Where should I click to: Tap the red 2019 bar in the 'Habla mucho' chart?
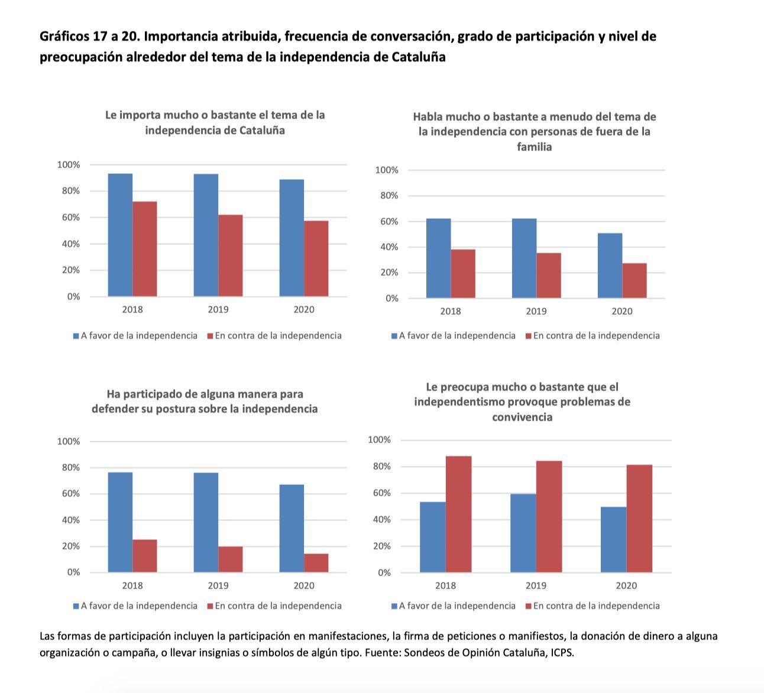(x=548, y=276)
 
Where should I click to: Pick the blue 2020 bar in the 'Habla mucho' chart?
(x=610, y=265)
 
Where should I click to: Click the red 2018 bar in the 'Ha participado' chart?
(x=145, y=556)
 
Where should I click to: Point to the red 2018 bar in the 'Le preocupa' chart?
(x=458, y=514)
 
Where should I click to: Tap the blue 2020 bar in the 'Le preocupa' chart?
(x=613, y=539)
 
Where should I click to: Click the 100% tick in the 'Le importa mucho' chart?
(x=69, y=165)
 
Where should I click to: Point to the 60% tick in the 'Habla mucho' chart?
(x=387, y=222)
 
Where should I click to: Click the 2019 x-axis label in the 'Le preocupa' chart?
(x=536, y=585)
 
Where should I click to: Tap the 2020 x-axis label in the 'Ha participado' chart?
(x=304, y=585)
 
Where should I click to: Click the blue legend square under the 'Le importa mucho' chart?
(x=76, y=336)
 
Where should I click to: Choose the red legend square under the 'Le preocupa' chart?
(x=529, y=606)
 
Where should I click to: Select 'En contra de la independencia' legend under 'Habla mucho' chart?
(x=596, y=336)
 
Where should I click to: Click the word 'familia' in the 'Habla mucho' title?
(x=534, y=147)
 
